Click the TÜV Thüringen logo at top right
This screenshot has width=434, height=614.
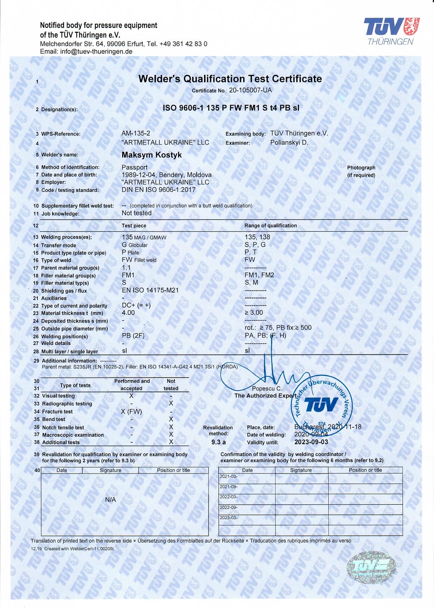point(391,31)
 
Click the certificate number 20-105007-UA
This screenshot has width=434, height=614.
point(250,90)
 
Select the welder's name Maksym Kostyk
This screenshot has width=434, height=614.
point(152,155)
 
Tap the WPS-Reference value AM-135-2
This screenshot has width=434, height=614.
point(136,133)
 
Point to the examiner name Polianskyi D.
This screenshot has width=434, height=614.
point(289,143)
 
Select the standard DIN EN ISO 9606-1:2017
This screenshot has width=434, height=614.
point(159,190)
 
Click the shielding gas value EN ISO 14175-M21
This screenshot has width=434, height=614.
point(150,290)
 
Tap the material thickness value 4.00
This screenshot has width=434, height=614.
point(128,313)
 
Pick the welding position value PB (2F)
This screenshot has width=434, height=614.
point(133,336)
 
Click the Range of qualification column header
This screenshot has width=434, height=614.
point(271,226)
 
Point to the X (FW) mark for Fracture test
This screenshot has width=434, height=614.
point(131,412)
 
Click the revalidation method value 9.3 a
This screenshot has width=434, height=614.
point(218,442)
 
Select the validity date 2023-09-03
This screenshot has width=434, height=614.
point(311,442)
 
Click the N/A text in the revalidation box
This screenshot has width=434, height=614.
point(110,500)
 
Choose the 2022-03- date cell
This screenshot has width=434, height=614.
point(228,497)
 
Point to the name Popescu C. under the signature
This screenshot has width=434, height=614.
point(267,388)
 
